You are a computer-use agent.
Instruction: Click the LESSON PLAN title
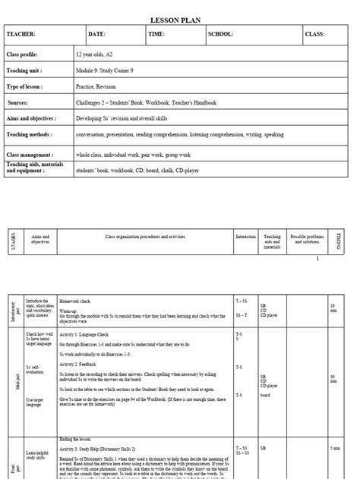pos(180,20)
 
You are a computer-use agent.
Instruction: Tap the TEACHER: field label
pos(21,35)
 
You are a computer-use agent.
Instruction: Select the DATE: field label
pos(97,35)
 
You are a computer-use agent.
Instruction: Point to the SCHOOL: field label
pos(221,35)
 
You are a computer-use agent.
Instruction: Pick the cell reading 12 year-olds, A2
pos(96,55)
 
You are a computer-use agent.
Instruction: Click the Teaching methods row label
pos(30,133)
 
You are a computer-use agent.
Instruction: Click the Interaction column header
pos(246,237)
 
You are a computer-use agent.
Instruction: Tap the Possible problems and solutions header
pos(307,239)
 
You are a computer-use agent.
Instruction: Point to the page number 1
pos(317,258)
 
